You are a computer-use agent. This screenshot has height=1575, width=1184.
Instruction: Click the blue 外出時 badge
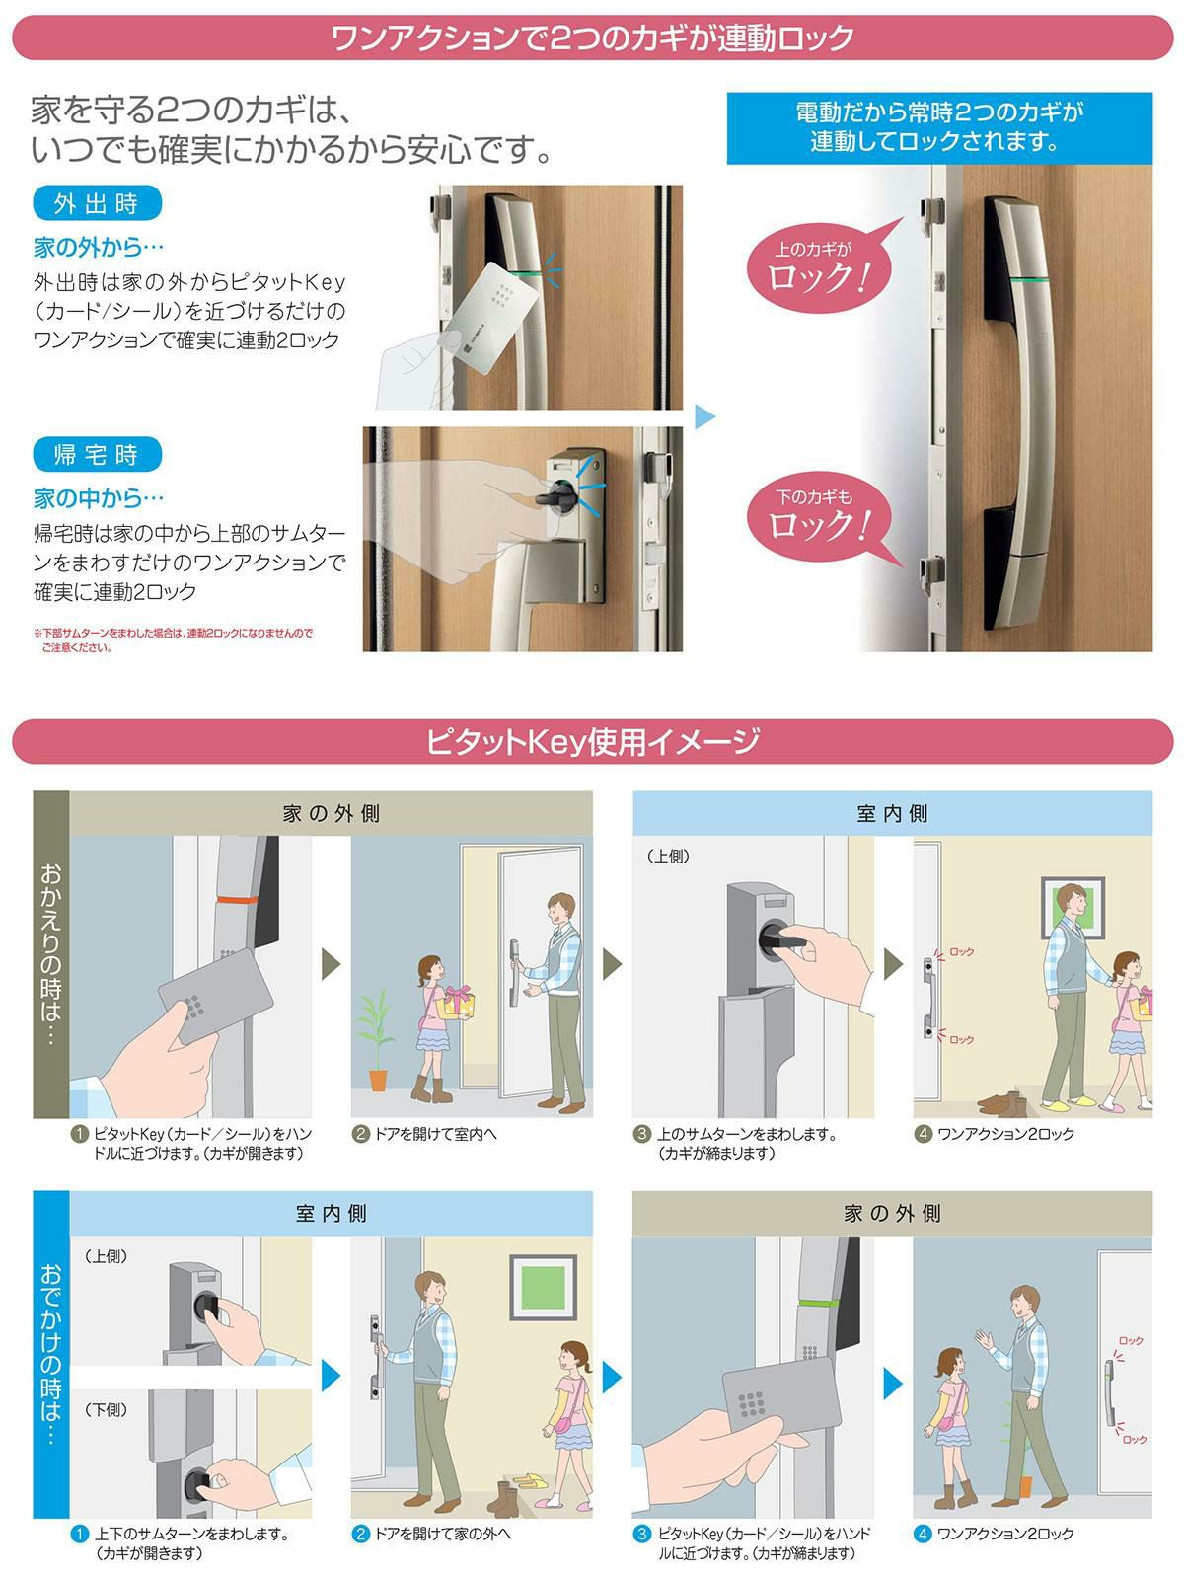[x=97, y=203]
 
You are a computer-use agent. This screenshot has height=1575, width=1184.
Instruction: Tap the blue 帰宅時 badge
[x=97, y=454]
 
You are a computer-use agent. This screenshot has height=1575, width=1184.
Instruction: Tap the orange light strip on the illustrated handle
[x=238, y=898]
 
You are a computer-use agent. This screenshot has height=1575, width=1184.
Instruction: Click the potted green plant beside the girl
[x=377, y=1040]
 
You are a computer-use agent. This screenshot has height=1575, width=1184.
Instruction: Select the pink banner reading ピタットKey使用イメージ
[x=592, y=741]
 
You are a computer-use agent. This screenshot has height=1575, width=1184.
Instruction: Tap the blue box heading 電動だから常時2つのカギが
[x=939, y=127]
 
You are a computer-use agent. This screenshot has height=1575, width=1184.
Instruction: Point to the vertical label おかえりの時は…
[x=51, y=955]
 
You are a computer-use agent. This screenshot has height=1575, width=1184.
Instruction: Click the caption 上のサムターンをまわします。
[x=747, y=1135]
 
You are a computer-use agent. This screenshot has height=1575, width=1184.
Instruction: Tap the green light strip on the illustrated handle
[x=819, y=1303]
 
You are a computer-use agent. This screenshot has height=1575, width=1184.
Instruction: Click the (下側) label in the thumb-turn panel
[x=107, y=1410]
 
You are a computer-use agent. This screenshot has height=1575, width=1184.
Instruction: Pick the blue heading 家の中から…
[x=99, y=497]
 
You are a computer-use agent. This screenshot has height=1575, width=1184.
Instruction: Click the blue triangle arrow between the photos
[x=705, y=416]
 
